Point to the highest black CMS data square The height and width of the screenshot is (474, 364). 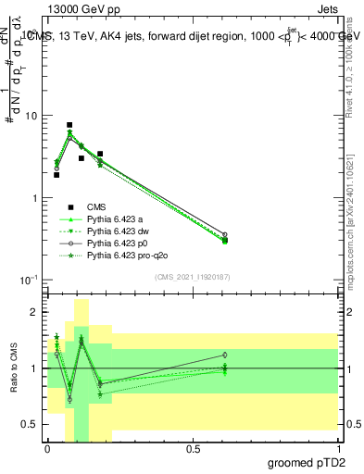pyautogui.click(x=69, y=125)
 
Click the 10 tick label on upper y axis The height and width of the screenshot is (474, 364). pyautogui.click(x=31, y=116)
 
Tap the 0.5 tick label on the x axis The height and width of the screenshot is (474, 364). pyautogui.click(x=193, y=449)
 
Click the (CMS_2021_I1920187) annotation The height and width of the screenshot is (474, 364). pyautogui.click(x=193, y=276)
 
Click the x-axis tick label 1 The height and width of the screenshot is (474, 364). pyautogui.click(x=338, y=449)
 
